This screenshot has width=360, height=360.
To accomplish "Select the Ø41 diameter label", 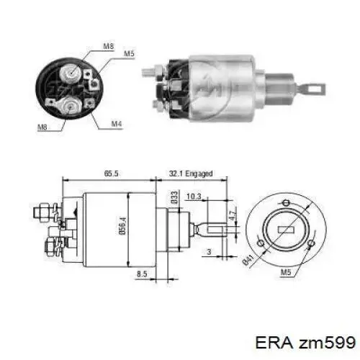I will click(x=250, y=261).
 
